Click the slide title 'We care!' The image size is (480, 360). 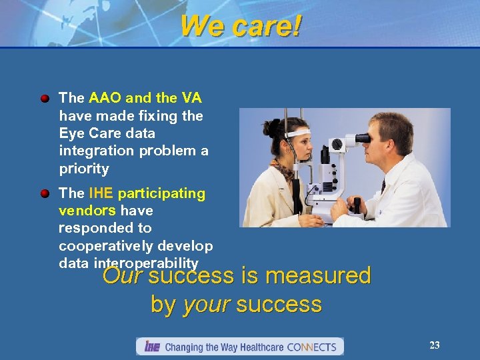(x=241, y=27)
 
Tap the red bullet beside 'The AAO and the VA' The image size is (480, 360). (x=45, y=99)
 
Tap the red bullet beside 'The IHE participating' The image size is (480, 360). (x=45, y=194)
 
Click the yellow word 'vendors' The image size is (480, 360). (x=87, y=211)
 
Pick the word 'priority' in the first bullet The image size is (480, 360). (x=83, y=169)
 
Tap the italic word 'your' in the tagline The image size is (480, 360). (x=206, y=305)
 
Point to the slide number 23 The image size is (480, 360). (x=434, y=345)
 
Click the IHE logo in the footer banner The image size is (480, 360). (x=151, y=347)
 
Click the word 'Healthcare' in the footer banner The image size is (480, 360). (x=258, y=347)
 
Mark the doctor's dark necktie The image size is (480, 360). (x=384, y=187)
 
